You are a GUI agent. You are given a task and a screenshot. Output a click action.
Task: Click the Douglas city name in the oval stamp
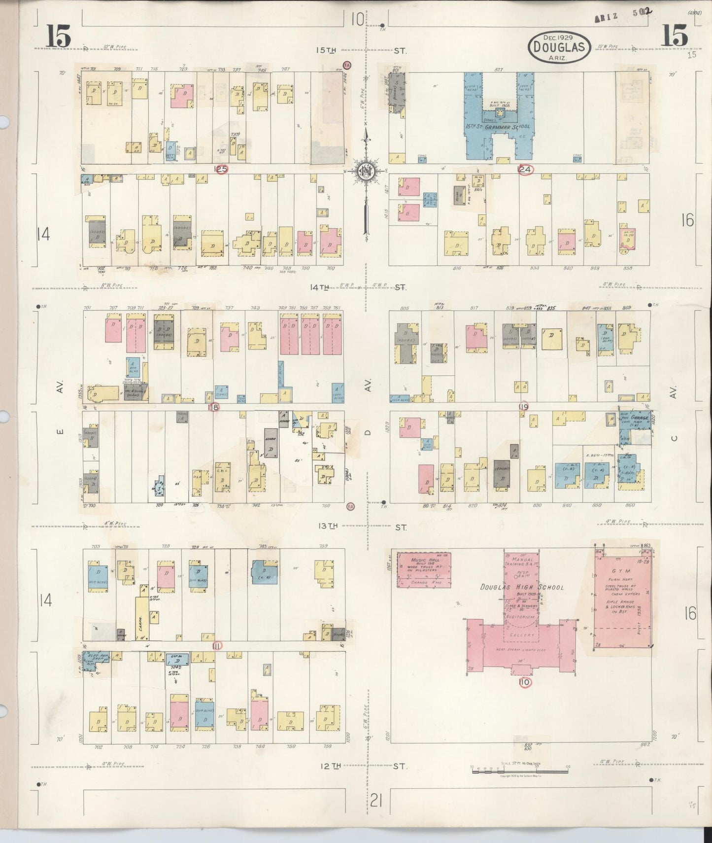559,47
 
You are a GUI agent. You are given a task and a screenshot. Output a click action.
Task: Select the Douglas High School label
522,587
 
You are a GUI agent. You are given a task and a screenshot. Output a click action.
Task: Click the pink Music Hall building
424,569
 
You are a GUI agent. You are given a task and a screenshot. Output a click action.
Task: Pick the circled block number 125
221,169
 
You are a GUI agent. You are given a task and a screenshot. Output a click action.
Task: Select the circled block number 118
213,407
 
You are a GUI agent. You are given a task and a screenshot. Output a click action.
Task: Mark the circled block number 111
217,645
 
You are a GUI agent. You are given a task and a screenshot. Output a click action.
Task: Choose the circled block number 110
524,682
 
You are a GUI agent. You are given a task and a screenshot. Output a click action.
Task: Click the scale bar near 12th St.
520,768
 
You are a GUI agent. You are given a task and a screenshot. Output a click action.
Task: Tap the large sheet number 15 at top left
59,37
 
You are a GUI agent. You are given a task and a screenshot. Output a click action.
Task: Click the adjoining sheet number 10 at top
358,20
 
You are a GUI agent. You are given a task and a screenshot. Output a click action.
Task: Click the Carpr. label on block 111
142,617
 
